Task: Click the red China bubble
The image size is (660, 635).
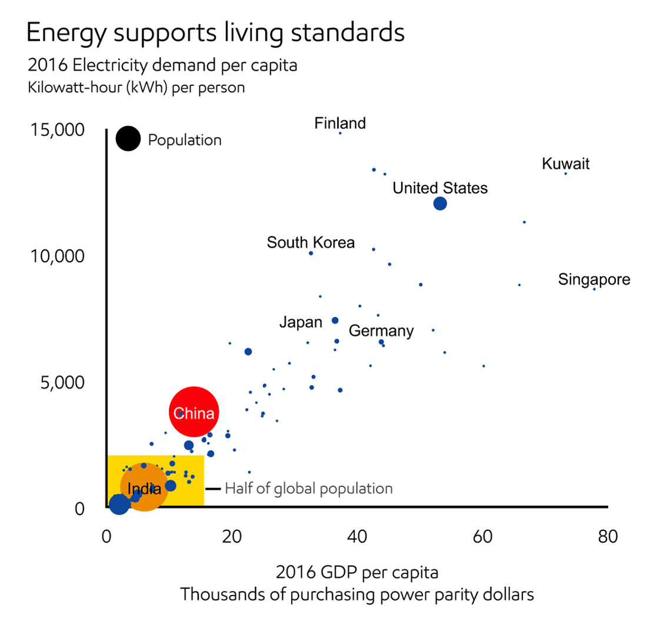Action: pos(194,412)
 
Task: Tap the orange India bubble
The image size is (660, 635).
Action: pos(144,486)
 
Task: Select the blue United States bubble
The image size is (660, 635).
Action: pos(440,203)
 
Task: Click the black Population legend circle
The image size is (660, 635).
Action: pos(128,139)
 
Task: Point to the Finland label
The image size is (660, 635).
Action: pos(340,123)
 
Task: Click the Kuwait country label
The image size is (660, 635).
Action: pos(565,164)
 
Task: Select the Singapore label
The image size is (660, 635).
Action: pos(594,279)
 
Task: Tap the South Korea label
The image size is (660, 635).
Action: pos(311,242)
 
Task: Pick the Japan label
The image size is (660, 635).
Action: pos(301,322)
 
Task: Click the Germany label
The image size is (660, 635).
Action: pos(381,331)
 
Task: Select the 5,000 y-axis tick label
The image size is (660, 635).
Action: pos(58,383)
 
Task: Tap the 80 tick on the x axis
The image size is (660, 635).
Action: pos(608,537)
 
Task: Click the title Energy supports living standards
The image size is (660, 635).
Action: pos(215,33)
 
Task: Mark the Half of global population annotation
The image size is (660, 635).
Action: pos(308,488)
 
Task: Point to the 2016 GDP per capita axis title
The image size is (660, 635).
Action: pos(357,572)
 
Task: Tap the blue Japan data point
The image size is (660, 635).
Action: pos(335,320)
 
